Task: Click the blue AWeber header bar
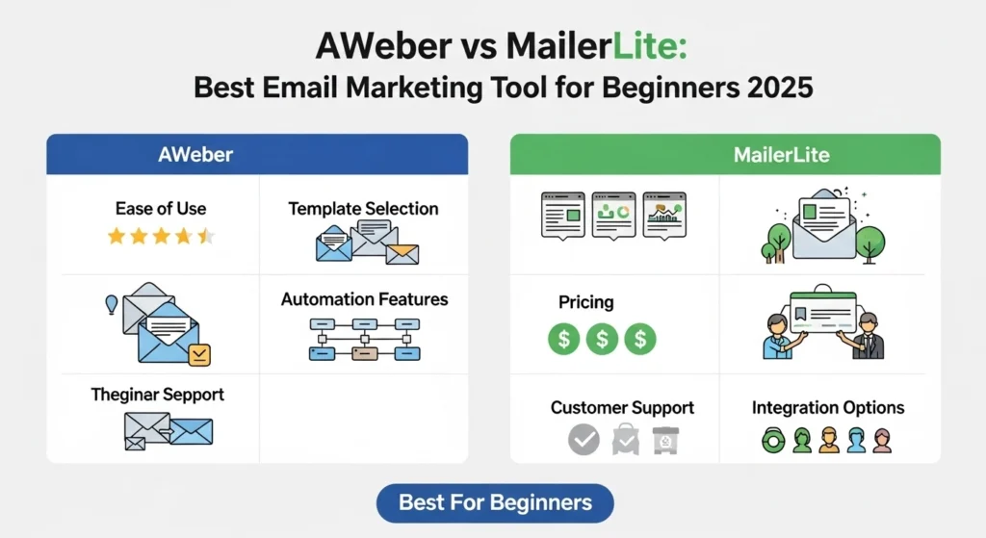[257, 154]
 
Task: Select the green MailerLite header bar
[725, 154]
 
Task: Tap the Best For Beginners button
[494, 502]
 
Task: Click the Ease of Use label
[161, 208]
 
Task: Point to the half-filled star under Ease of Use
[206, 236]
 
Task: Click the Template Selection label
[363, 208]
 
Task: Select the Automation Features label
[364, 299]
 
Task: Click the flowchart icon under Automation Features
[364, 339]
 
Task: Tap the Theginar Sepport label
[158, 395]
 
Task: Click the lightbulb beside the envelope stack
[111, 304]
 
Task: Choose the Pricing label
[585, 302]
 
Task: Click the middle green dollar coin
[602, 338]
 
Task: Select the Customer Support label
[622, 408]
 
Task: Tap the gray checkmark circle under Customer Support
[584, 440]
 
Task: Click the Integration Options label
[828, 408]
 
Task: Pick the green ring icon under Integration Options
[773, 441]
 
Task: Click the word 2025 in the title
[771, 88]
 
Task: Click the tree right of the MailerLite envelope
[870, 237]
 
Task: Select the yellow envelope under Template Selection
[402, 254]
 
